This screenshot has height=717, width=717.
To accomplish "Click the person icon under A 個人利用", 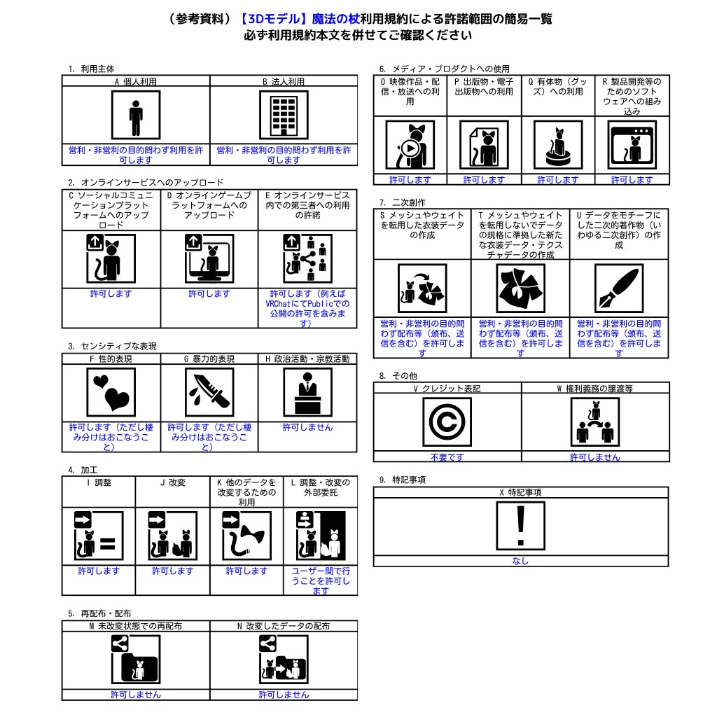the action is click(x=136, y=115).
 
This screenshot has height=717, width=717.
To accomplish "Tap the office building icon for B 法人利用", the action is click(x=284, y=115).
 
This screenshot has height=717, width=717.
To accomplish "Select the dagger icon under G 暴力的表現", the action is click(x=209, y=392).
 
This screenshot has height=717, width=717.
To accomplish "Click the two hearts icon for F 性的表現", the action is click(x=111, y=392).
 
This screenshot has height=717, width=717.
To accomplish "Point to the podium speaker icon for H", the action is click(x=308, y=392).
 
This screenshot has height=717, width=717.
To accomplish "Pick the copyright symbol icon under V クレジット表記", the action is click(x=447, y=422).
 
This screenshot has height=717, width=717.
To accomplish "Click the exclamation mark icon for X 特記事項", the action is click(x=521, y=526).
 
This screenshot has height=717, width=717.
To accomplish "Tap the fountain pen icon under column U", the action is click(x=619, y=288).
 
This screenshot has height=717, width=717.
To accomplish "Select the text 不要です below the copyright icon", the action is click(x=447, y=457).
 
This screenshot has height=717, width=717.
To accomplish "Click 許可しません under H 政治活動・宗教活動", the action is click(x=308, y=427).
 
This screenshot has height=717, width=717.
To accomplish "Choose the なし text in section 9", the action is click(x=520, y=561).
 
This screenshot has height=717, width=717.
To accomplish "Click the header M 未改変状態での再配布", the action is click(x=136, y=626).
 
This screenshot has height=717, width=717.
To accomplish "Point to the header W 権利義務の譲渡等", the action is click(x=595, y=388).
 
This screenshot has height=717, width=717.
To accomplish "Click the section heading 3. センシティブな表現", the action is click(x=113, y=346).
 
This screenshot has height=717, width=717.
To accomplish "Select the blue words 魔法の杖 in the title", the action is click(x=335, y=19).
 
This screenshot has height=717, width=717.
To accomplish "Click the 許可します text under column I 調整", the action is click(x=99, y=571).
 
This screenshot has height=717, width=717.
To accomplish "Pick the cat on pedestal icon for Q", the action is click(x=558, y=145).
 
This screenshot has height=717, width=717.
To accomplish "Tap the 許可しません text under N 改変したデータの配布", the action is click(x=284, y=695).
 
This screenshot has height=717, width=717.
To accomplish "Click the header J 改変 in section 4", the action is click(x=173, y=482).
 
